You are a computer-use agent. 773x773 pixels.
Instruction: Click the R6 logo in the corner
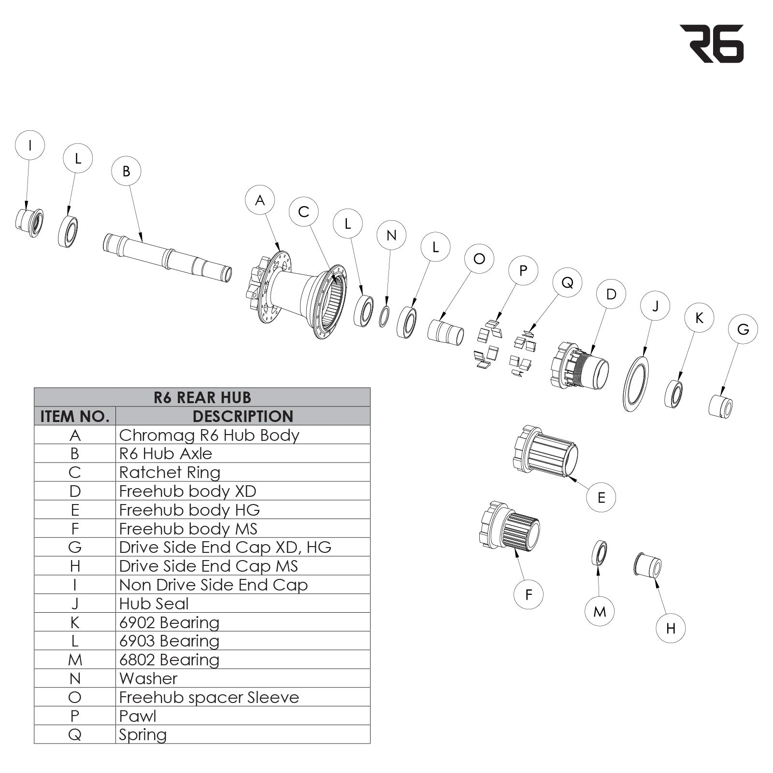pos(712,44)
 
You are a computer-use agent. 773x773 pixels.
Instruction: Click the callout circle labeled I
pos(30,145)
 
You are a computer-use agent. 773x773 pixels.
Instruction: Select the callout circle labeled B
pos(126,171)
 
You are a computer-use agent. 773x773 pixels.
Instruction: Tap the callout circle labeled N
pos(391,235)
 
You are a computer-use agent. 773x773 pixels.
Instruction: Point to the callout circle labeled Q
pos(567,282)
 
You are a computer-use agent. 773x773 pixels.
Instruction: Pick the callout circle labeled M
pos(600,612)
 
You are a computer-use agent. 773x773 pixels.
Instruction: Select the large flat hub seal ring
pos(635,384)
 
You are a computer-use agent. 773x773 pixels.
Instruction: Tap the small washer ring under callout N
pos(384,316)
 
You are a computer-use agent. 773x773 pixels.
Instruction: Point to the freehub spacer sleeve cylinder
pos(445,333)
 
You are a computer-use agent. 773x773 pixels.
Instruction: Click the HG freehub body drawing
pos(546,450)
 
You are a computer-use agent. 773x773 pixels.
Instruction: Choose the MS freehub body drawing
pos(510,527)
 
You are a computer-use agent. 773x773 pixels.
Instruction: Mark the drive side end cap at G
pos(720,406)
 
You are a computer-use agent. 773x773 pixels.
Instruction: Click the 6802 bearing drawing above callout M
pos(600,553)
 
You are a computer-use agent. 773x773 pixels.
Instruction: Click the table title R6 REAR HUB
pos(202,397)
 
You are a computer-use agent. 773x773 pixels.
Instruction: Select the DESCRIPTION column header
pos(243,416)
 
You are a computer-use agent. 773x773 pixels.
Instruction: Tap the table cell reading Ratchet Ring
pos(170,472)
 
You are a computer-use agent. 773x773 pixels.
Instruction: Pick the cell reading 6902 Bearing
pos(169,622)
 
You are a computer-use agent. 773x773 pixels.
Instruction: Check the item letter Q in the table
pos(75,735)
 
